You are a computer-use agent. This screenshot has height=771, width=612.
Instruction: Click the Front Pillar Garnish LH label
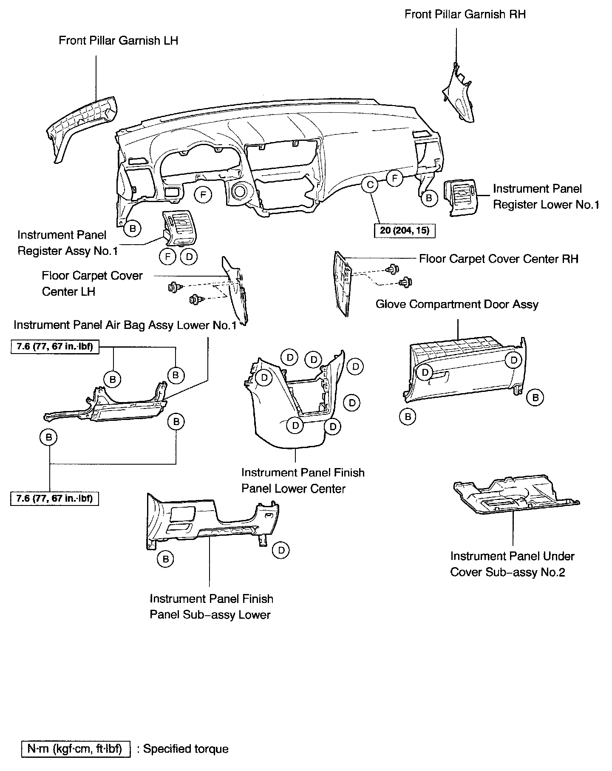(x=118, y=40)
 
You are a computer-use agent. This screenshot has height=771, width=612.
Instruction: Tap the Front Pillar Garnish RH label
(x=465, y=14)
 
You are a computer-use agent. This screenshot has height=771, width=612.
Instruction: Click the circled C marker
(x=370, y=185)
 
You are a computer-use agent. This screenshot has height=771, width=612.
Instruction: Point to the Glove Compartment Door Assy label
(x=457, y=305)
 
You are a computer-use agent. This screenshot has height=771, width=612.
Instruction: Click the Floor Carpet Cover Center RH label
(x=499, y=259)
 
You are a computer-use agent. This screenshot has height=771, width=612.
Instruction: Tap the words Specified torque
(x=186, y=749)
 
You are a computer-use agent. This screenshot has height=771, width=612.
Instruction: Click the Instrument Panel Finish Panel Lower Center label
(x=303, y=480)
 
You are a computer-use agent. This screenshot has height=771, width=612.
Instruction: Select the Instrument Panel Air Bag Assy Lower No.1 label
(x=125, y=326)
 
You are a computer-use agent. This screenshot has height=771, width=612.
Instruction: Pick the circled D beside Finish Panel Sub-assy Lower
(x=281, y=550)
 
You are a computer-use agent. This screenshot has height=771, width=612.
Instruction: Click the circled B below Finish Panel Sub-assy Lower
(x=166, y=559)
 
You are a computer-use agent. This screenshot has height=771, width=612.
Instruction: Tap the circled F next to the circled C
(x=395, y=178)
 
